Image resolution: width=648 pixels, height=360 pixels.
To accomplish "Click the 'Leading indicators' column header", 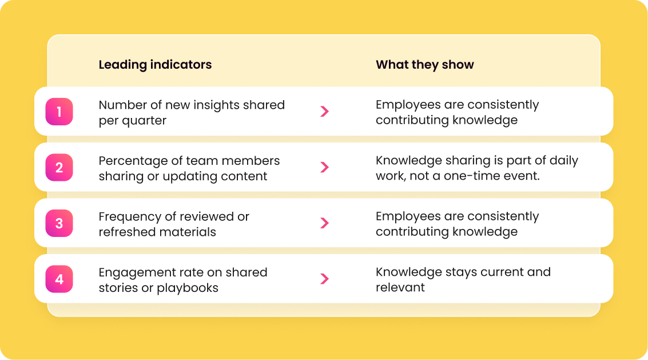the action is click(x=155, y=65).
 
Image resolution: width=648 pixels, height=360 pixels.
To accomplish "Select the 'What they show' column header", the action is click(x=425, y=65).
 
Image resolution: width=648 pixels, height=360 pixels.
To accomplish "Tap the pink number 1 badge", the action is click(x=59, y=112).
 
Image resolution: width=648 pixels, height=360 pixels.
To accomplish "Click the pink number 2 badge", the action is click(x=59, y=168).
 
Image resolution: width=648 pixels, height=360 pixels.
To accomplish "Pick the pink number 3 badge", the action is click(x=59, y=223).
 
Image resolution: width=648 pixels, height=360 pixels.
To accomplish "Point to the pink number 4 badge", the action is click(x=59, y=279).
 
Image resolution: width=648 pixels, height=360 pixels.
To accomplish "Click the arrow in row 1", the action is click(x=325, y=111).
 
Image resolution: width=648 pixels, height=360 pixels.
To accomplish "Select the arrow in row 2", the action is click(x=325, y=167).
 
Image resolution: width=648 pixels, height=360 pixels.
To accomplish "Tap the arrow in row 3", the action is click(x=325, y=223).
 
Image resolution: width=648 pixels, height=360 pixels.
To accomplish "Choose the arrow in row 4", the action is click(x=325, y=279).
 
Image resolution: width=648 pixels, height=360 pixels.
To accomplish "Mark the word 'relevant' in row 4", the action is click(x=400, y=287).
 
